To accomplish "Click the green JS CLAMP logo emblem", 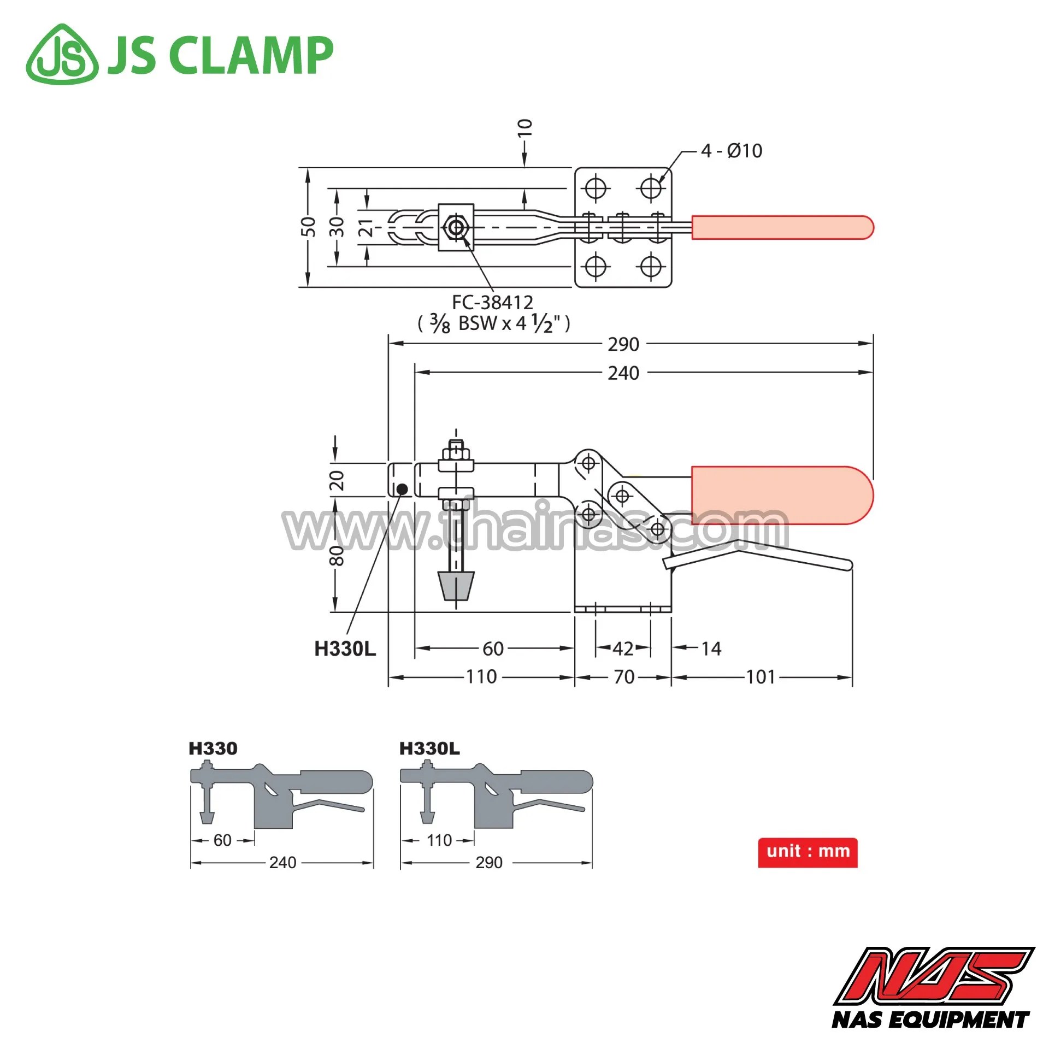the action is (x=62, y=54).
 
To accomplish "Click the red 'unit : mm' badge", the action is (x=808, y=852).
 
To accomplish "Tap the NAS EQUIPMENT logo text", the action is (x=930, y=1019).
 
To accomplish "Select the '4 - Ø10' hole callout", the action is (x=732, y=151).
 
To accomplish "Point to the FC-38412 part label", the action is (x=492, y=302).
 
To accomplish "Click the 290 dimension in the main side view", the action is (x=623, y=344).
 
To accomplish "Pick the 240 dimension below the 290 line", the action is (x=623, y=373).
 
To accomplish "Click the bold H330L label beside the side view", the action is (x=345, y=649).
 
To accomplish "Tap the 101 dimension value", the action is (x=761, y=677).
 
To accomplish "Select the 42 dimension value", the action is (x=623, y=649).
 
